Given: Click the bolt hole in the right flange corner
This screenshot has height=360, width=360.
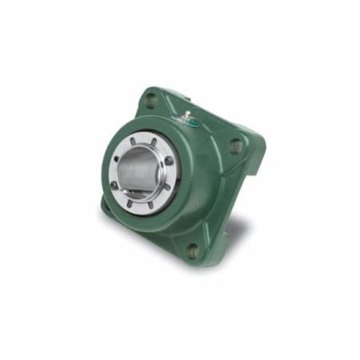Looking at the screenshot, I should pos(235,146).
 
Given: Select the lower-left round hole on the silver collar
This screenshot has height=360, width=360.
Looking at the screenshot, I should pos(116,186).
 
